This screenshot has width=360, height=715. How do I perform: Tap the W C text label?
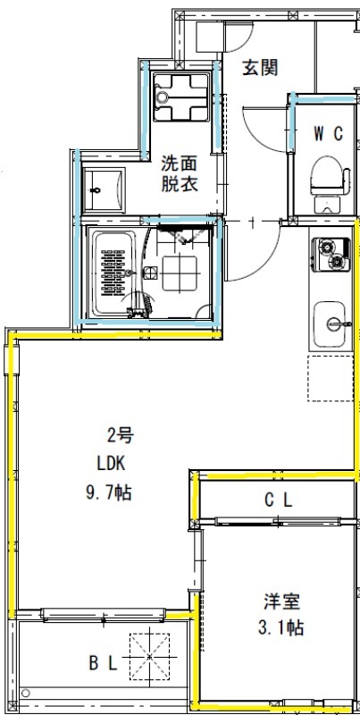[328, 133]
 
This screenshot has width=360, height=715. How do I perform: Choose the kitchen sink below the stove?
[330, 322]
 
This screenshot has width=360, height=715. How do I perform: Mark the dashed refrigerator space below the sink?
[331, 377]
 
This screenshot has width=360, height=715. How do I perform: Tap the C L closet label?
[278, 500]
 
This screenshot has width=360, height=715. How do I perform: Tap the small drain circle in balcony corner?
[27, 693]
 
